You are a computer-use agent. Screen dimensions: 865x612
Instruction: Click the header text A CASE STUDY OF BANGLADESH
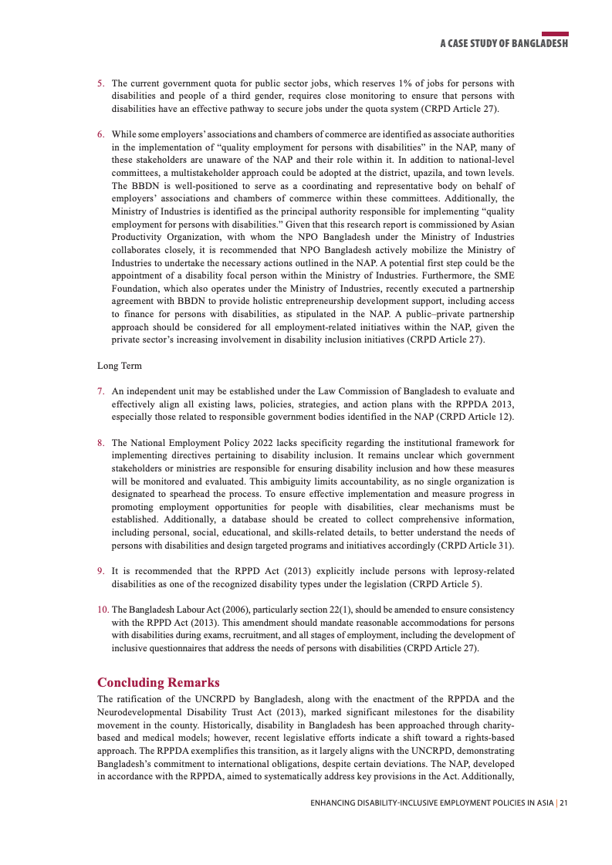click(x=504, y=44)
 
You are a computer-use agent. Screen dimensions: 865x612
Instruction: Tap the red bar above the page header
click(x=555, y=34)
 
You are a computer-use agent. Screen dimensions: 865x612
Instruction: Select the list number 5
click(x=100, y=83)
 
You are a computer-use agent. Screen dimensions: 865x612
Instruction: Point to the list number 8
click(x=100, y=443)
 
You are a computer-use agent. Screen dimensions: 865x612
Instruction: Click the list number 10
click(x=103, y=610)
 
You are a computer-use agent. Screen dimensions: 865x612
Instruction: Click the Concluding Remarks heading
click(x=158, y=682)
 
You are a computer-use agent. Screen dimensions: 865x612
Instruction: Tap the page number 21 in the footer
click(x=564, y=803)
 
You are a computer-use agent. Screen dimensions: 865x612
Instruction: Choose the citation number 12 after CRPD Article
click(x=501, y=417)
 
